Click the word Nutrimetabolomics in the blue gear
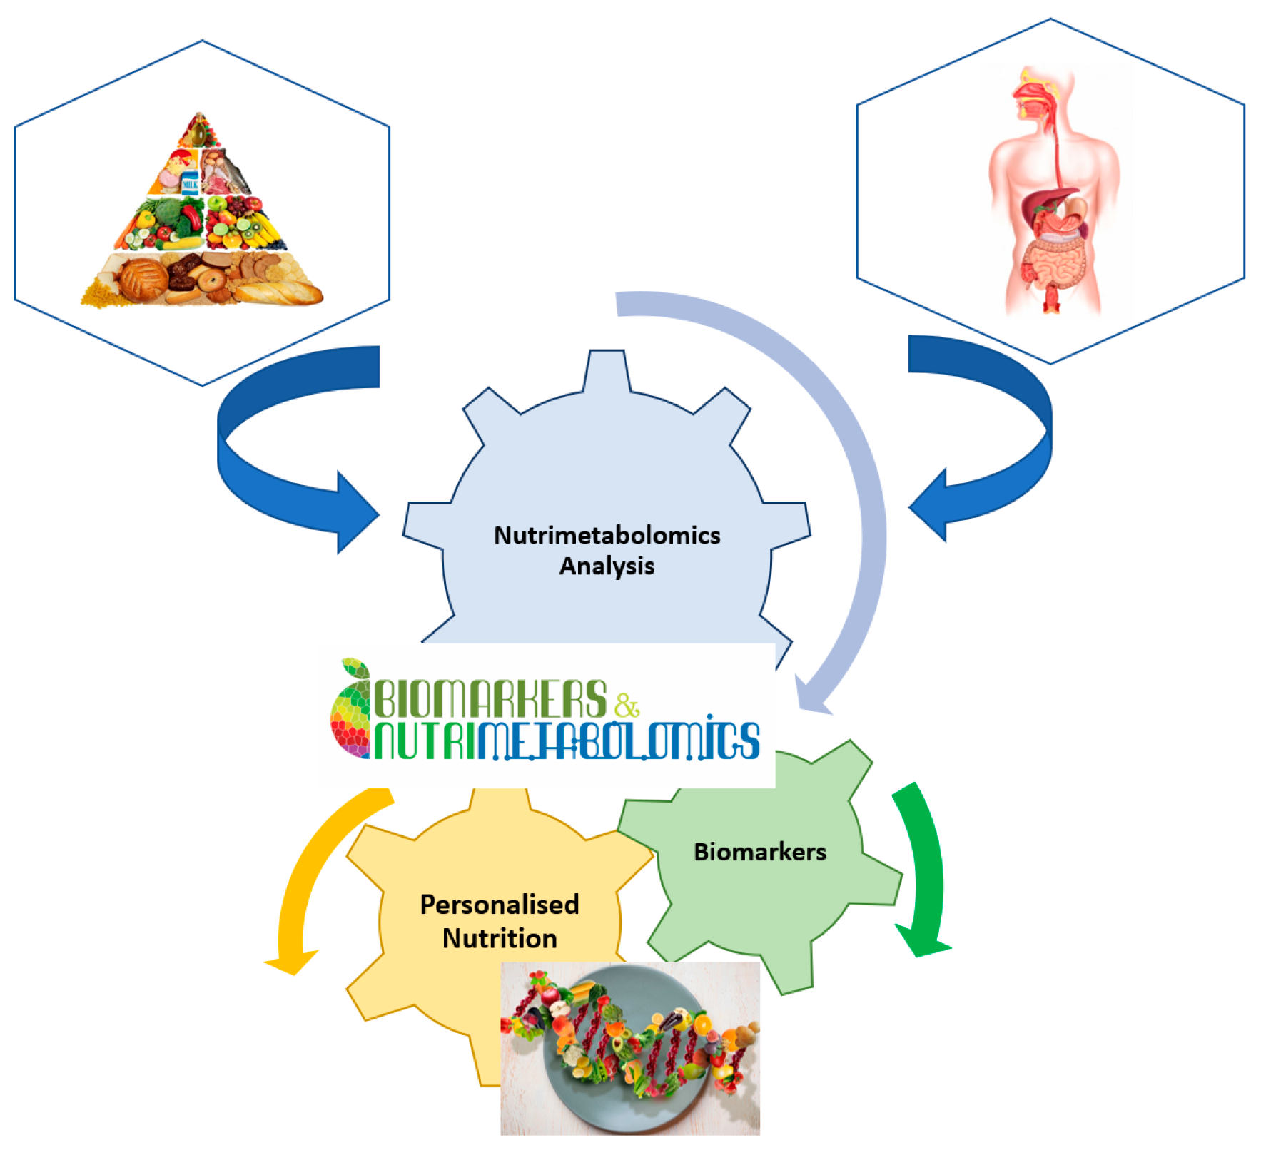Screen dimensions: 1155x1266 pyautogui.click(x=607, y=535)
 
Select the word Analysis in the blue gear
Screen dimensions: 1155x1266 pyautogui.click(x=607, y=566)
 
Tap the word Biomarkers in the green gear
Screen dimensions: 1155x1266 pyautogui.click(x=759, y=852)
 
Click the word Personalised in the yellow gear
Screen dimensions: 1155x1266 pyautogui.click(x=500, y=905)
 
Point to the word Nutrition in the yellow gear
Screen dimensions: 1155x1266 pyautogui.click(x=500, y=938)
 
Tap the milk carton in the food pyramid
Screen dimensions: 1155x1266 pyautogui.click(x=190, y=183)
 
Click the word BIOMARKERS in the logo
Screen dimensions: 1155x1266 pyautogui.click(x=491, y=699)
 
